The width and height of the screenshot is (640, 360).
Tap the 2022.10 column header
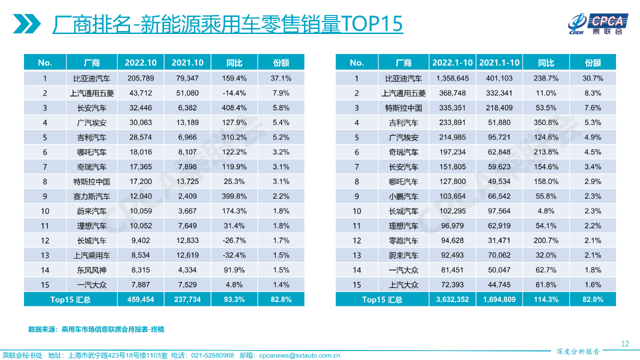(140, 62)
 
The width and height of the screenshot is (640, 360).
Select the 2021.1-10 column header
(499, 62)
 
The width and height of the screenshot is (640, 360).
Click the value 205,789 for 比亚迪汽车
(140, 78)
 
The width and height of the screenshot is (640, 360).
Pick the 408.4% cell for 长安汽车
(234, 107)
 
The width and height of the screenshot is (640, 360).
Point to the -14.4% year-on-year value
(234, 93)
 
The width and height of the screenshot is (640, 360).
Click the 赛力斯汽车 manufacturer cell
(91, 196)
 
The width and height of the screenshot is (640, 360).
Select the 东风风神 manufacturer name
(91, 270)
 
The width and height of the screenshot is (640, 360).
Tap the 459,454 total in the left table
(140, 299)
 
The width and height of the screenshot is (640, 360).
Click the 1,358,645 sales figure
(452, 78)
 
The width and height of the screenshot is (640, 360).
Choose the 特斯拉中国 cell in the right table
(403, 107)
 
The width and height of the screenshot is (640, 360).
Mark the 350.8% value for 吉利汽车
(546, 122)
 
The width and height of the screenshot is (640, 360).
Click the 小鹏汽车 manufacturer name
(403, 196)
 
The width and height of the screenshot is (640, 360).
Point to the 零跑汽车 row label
(403, 240)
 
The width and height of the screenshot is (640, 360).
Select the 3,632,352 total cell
(452, 299)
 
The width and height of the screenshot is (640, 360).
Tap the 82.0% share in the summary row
(593, 299)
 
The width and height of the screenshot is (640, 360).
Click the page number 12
(624, 343)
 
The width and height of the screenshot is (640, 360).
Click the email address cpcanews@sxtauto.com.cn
(300, 355)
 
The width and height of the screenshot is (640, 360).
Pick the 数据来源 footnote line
(96, 329)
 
